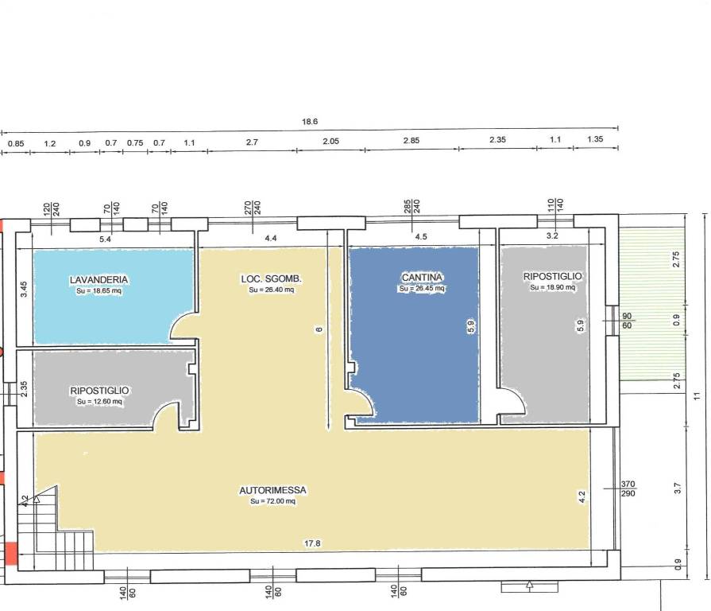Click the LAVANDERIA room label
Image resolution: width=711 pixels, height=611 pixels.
tap(99, 279)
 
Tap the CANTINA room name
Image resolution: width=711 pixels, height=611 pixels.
tap(422, 277)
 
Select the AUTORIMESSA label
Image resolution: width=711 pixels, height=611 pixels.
tap(272, 490)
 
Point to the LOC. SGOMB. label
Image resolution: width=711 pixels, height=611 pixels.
tap(271, 278)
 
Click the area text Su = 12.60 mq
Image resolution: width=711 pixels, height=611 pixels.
tap(99, 401)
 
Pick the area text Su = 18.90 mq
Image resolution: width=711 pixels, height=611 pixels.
tap(552, 287)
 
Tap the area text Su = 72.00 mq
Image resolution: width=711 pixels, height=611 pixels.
tap(272, 501)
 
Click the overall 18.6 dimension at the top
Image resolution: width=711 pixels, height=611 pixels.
tap(310, 122)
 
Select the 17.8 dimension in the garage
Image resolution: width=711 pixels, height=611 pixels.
tap(312, 543)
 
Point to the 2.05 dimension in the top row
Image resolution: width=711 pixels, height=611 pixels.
tap(331, 141)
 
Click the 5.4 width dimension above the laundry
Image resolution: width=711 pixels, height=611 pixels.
tap(105, 239)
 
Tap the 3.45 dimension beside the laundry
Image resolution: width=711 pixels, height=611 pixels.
tap(24, 289)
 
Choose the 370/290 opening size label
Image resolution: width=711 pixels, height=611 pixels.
tap(628, 488)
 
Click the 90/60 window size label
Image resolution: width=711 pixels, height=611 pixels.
tap(627, 321)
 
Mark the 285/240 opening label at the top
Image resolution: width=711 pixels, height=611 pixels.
tap(412, 207)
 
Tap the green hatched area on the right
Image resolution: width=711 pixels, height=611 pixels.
tap(652, 304)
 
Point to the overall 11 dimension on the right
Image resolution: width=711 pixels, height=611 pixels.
tap(697, 396)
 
